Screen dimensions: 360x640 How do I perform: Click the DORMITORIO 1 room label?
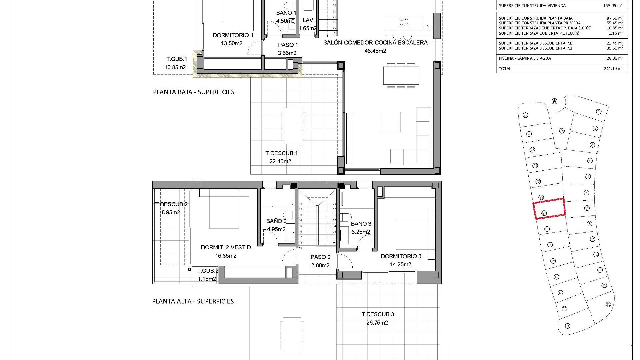[233, 35]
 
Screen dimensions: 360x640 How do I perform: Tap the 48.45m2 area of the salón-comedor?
[375, 51]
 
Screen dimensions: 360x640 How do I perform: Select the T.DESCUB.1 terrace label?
[281, 153]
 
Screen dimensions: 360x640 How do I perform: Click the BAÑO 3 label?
[361, 224]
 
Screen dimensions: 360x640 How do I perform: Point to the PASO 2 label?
[320, 257]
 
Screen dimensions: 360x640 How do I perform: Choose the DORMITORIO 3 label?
[401, 256]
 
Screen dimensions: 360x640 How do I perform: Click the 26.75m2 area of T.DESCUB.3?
[375, 323]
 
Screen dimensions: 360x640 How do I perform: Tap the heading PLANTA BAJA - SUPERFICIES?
[194, 92]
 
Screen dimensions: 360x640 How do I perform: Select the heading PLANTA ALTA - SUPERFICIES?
[193, 301]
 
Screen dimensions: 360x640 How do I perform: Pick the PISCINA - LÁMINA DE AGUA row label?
[520, 58]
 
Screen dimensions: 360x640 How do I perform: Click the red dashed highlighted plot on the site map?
[549, 209]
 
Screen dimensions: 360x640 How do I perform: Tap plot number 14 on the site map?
[568, 326]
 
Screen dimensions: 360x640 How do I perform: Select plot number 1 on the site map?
[598, 112]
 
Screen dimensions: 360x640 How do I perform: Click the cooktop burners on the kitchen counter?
[404, 22]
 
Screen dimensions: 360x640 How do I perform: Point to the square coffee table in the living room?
[391, 122]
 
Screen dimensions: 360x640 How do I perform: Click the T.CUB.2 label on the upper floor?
[208, 271]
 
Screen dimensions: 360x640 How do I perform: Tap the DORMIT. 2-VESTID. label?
[226, 247]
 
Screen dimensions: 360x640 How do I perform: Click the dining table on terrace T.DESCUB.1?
[293, 126]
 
